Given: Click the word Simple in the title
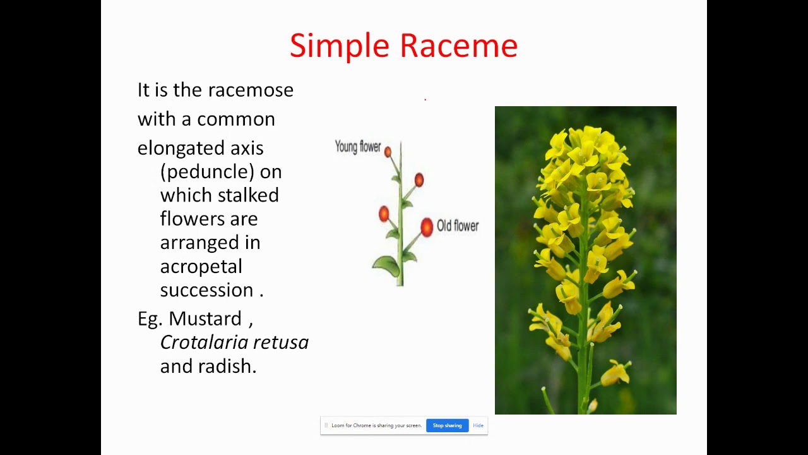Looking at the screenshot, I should tap(340, 46).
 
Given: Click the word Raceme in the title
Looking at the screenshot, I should tap(458, 46).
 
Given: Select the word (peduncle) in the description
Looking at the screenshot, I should tap(220, 172).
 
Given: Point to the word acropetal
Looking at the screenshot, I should tap(201, 267).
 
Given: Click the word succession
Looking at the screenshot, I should tap(206, 290).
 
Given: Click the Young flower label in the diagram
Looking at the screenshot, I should tap(357, 147).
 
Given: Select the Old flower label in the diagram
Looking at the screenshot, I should tap(457, 226).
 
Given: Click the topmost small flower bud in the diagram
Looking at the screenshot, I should tap(388, 152).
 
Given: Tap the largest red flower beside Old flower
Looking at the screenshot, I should tap(427, 227).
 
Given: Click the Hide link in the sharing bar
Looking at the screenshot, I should tap(478, 425).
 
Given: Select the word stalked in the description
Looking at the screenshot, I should tap(251, 195).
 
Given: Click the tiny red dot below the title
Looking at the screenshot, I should tap(425, 99).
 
